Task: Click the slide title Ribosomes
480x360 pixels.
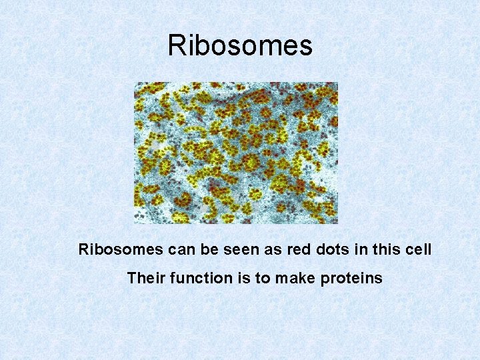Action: (240, 46)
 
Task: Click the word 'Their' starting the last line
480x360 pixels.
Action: (145, 278)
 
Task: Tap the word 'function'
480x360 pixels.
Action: (195, 278)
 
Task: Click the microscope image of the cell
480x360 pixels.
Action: (236, 153)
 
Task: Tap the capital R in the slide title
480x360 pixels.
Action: (177, 46)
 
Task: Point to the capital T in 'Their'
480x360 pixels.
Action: (131, 278)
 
